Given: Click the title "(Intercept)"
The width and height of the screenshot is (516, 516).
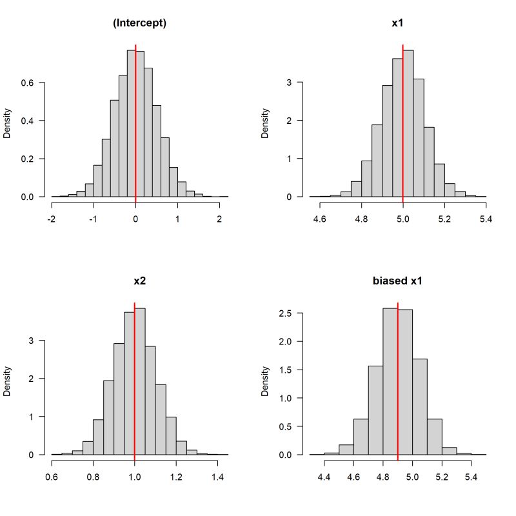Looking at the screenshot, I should coord(139,24).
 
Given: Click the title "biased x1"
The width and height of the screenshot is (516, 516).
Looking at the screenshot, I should coord(398,282).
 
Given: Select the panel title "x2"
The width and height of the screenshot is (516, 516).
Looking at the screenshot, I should coord(139,282).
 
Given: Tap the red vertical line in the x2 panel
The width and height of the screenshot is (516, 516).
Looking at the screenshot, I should coord(134,387).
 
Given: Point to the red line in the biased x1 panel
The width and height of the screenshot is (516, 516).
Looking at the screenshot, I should coord(398,387).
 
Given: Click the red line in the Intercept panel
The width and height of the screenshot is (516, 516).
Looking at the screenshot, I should coord(135,129).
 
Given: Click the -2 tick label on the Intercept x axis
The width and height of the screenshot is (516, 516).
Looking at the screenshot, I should coord(51,219).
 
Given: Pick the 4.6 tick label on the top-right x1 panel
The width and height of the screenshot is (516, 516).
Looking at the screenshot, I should coord(319,219).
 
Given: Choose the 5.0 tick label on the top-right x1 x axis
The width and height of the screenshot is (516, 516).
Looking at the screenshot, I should coord(403,219).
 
